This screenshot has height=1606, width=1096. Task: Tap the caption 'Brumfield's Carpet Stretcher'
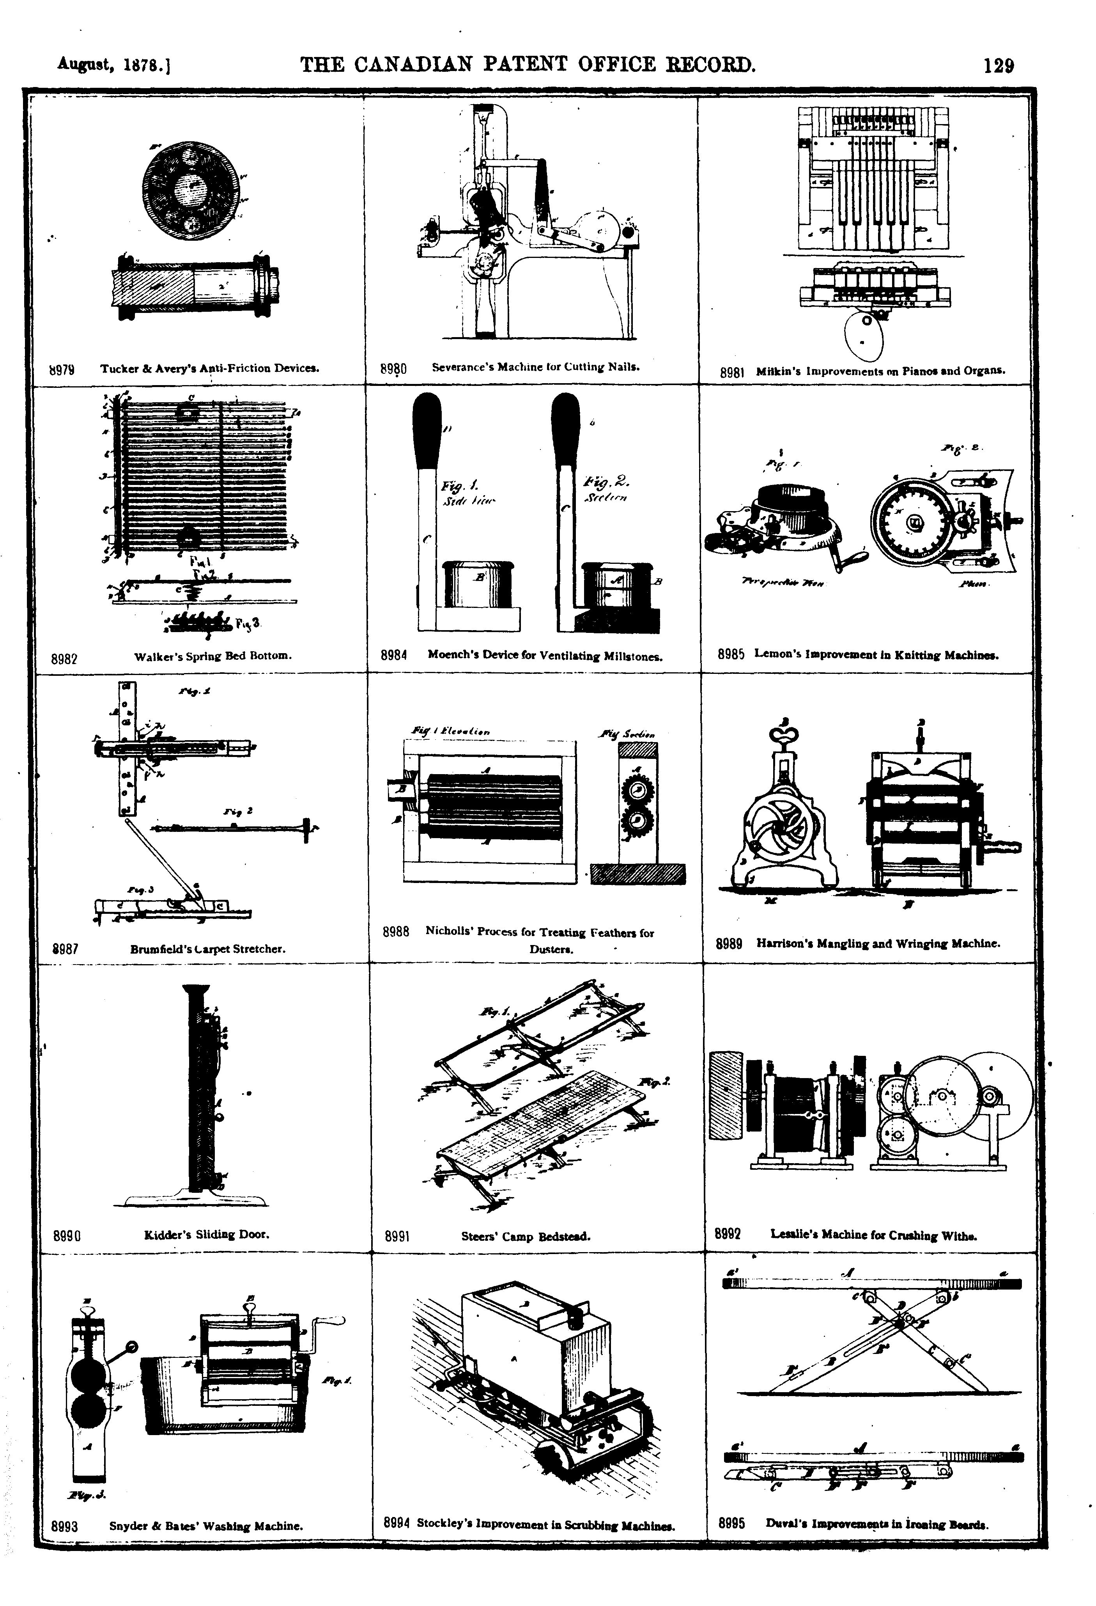[x=207, y=949]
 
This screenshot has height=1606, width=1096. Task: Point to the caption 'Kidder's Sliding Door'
[x=206, y=1233]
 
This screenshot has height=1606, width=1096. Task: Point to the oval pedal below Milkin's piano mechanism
[x=864, y=337]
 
